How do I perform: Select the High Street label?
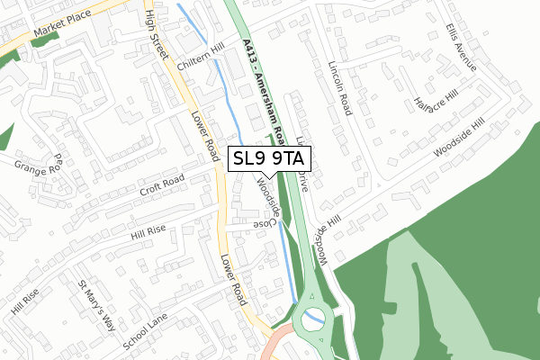pos(156,33)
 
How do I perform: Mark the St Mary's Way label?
pos(96,304)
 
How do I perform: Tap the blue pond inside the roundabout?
pos(313,317)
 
